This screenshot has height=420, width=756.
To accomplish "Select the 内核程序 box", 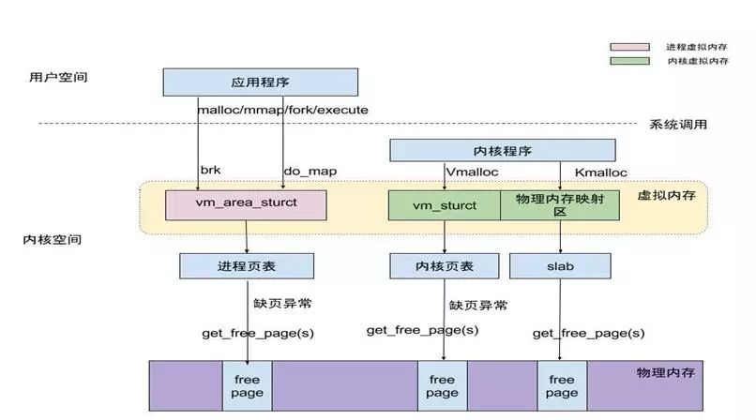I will (x=502, y=150).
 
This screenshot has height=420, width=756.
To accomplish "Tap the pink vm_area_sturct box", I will (x=246, y=204).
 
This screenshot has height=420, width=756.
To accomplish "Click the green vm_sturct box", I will (x=445, y=204).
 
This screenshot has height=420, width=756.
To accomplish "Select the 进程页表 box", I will (x=245, y=266).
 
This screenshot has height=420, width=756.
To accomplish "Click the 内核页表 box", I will (x=445, y=266).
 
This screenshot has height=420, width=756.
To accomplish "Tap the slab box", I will (x=560, y=266).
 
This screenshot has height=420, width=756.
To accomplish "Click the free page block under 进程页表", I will (x=247, y=385).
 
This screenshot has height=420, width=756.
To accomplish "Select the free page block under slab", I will (x=561, y=385).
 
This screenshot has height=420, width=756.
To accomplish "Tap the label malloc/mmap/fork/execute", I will (x=282, y=110).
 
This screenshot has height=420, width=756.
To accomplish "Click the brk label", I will (x=210, y=171).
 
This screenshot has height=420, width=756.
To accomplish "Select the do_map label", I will (x=310, y=171).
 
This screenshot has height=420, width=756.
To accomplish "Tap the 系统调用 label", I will (x=678, y=124).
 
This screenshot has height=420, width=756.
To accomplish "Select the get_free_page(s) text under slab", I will (x=588, y=333).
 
